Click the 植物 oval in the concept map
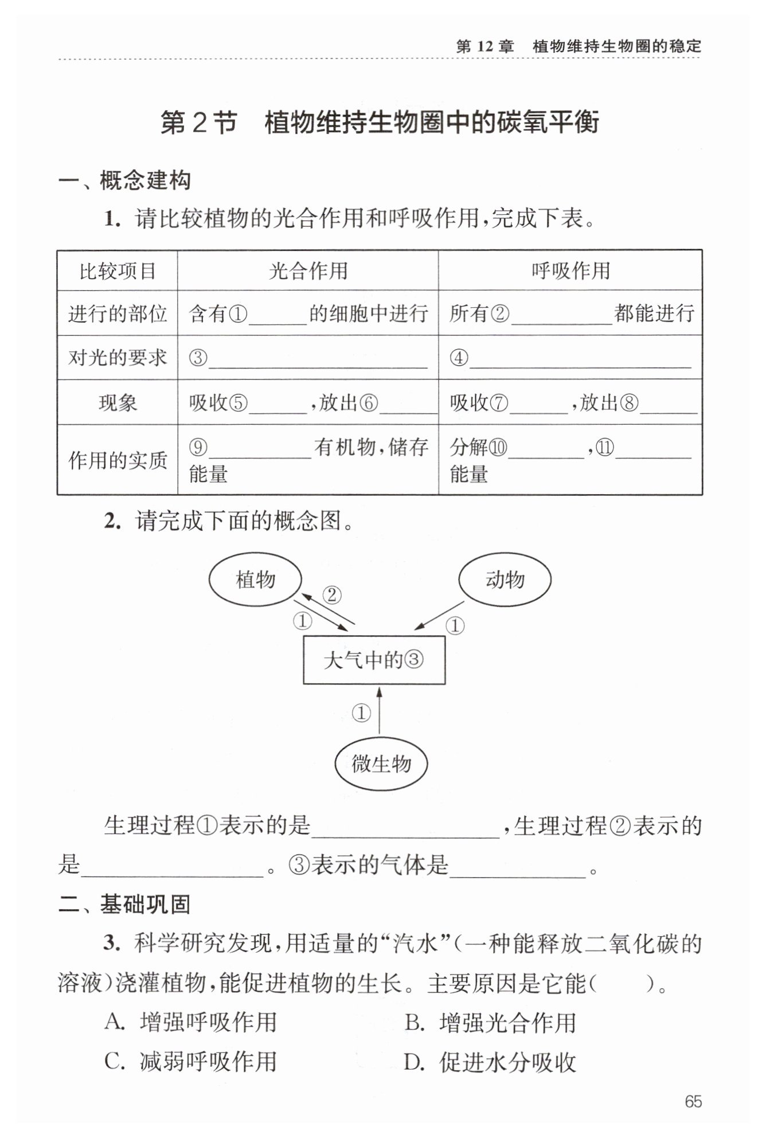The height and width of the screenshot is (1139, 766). (x=255, y=580)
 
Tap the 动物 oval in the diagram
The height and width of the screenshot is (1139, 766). (x=505, y=580)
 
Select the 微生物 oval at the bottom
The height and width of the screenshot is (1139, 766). (x=381, y=764)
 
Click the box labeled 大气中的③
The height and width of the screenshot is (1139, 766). (x=374, y=660)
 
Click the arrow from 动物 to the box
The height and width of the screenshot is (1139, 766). (x=439, y=615)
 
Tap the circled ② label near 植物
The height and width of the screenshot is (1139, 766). (x=331, y=595)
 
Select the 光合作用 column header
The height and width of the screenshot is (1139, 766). (x=308, y=271)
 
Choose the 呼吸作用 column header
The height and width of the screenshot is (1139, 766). (x=570, y=271)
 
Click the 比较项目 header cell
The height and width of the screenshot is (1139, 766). (x=118, y=271)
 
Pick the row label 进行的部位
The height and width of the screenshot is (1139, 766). (x=118, y=314)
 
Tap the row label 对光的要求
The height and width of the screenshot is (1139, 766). (x=118, y=358)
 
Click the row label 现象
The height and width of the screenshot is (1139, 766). (x=118, y=403)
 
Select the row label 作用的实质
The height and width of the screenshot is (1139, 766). (x=118, y=460)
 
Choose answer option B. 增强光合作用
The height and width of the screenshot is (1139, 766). (x=491, y=1022)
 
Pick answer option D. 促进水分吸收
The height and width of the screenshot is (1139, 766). (x=491, y=1062)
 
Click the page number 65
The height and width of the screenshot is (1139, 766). (x=693, y=1102)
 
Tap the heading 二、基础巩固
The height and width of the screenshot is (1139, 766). (x=124, y=904)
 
